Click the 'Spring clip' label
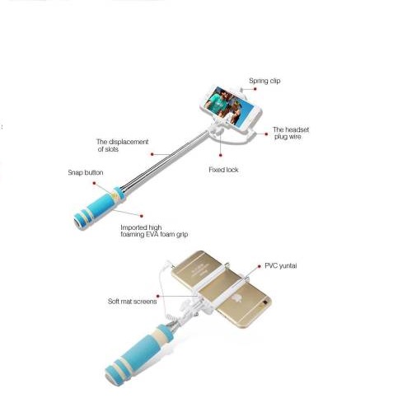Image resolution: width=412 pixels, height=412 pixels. click(x=265, y=81)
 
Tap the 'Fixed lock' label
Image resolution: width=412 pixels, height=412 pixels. click(x=223, y=170)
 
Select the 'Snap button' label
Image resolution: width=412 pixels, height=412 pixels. click(x=86, y=172)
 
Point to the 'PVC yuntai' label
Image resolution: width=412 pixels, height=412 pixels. click(x=281, y=266)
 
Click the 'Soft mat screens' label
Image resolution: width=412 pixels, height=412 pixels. click(x=132, y=302)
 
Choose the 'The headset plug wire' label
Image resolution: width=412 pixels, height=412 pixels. click(x=291, y=133)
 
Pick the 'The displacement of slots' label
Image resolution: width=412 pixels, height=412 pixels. click(x=122, y=145)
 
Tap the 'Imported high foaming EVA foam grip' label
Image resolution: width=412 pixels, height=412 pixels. click(x=154, y=231)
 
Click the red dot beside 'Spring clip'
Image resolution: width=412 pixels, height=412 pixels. click(x=255, y=89)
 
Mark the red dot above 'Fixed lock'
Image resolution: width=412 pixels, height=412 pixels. click(x=220, y=155)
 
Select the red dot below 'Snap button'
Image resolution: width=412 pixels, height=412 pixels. click(x=94, y=183)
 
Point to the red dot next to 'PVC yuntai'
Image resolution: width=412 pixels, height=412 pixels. click(x=259, y=266)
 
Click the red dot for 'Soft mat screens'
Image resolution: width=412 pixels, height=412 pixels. click(x=158, y=296)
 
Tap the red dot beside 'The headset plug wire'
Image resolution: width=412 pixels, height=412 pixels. click(x=266, y=134)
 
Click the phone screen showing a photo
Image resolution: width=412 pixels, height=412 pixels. click(x=230, y=106)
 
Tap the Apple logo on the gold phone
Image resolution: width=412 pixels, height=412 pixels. click(x=236, y=298)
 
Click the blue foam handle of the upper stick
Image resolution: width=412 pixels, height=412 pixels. click(x=99, y=208)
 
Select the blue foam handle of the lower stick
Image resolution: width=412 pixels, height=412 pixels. click(x=138, y=353)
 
